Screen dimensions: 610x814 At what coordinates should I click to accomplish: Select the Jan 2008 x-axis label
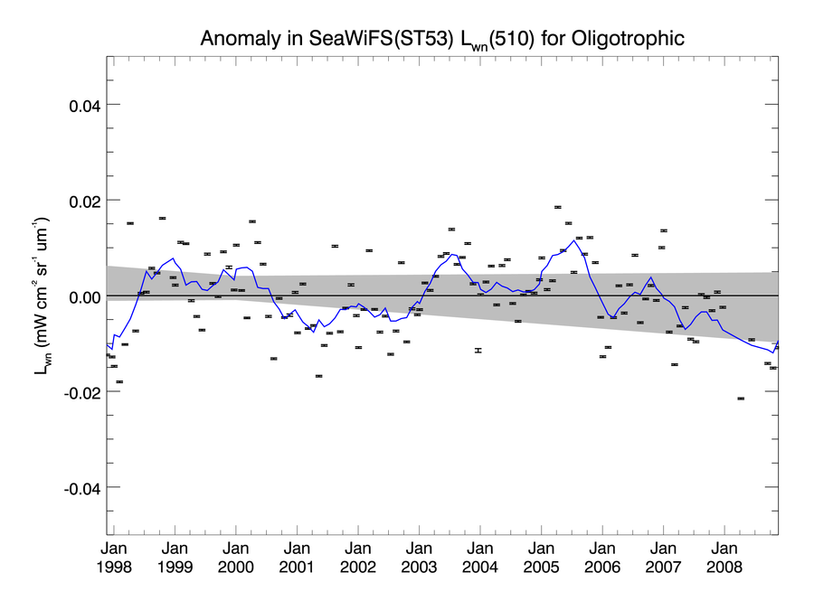pyautogui.click(x=724, y=558)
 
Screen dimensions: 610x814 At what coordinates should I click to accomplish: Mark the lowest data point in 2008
pyautogui.click(x=741, y=399)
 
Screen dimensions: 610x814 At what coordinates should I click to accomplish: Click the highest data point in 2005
pyautogui.click(x=558, y=207)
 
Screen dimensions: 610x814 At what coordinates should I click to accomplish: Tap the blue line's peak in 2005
pyautogui.click(x=575, y=239)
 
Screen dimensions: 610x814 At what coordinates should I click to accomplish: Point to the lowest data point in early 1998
pyautogui.click(x=119, y=382)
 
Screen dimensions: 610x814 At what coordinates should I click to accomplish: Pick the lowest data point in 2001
pyautogui.click(x=318, y=376)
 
